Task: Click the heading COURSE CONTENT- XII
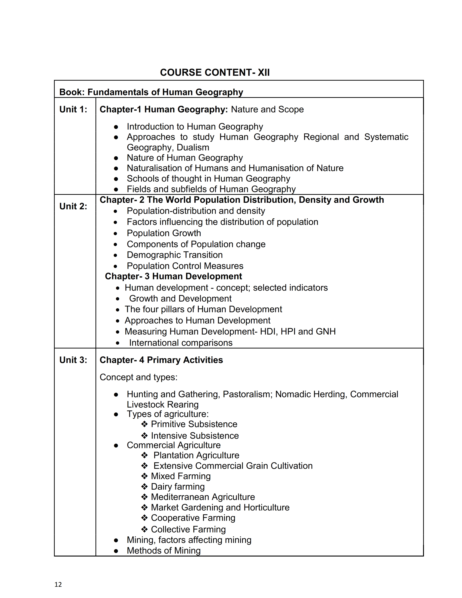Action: (215, 72)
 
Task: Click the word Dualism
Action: (193, 148)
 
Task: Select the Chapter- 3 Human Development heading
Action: (174, 276)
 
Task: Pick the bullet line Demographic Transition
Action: (175, 255)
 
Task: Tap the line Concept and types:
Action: (138, 377)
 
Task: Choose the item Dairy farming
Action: (178, 487)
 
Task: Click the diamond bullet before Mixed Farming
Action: (145, 476)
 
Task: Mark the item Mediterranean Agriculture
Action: (203, 497)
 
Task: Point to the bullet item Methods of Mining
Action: (164, 551)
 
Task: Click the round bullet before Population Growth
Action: (116, 234)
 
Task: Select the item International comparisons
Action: (181, 343)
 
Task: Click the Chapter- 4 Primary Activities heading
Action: (161, 360)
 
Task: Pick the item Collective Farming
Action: (188, 529)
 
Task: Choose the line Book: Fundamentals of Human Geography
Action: (151, 92)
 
